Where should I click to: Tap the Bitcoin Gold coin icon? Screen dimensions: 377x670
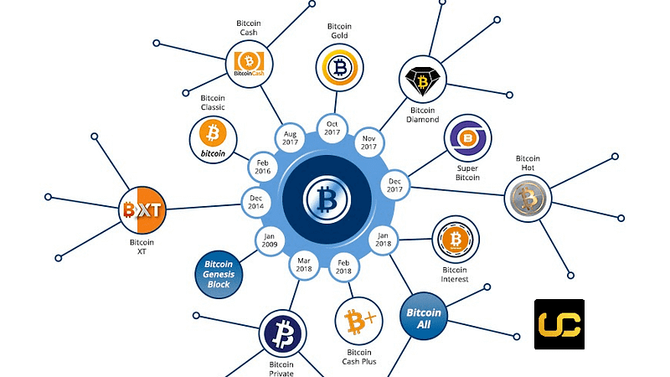coord(339,66)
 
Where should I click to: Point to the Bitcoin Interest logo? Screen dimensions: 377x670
coord(455,240)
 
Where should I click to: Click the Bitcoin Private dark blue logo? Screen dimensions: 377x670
coord(283,333)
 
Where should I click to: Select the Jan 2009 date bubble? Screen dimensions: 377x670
coord(270,239)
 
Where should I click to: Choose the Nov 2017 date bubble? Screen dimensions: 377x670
coord(368,141)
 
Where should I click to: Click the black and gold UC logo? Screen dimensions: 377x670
coord(559,324)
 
